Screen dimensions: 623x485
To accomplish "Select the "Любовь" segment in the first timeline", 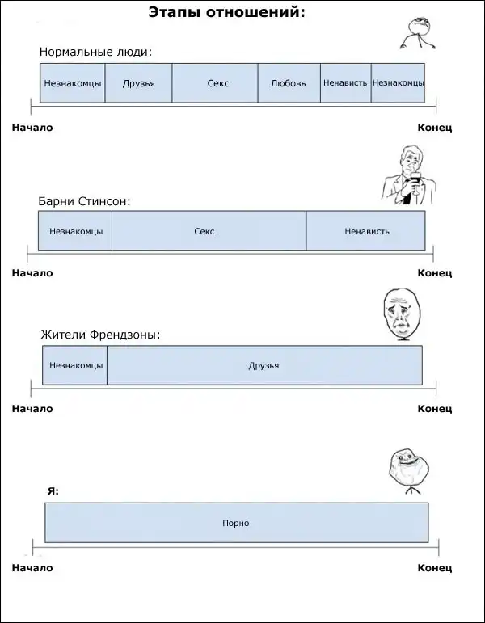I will [x=289, y=83].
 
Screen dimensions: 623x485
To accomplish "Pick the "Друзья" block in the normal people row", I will [x=138, y=83].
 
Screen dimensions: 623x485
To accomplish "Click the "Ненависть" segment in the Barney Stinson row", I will [x=366, y=231].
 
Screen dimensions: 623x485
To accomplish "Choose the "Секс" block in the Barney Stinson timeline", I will [x=209, y=231].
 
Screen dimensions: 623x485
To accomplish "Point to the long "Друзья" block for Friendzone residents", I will [x=264, y=365].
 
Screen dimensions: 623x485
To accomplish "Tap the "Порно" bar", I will [x=236, y=523].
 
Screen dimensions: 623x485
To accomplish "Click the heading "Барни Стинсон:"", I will [x=84, y=200].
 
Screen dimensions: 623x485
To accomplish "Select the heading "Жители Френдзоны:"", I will [x=100, y=335].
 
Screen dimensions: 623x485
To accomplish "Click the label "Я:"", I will [x=53, y=490].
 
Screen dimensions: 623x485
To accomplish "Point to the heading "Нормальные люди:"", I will [x=95, y=53].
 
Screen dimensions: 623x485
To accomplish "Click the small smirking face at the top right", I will [x=415, y=30].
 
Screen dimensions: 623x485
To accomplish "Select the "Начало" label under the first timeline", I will [x=32, y=127].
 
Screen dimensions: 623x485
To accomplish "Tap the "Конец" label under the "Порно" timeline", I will [x=434, y=568].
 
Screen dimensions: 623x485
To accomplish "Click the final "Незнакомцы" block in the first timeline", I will [x=398, y=82].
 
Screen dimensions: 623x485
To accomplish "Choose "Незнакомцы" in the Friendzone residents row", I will [x=75, y=365].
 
